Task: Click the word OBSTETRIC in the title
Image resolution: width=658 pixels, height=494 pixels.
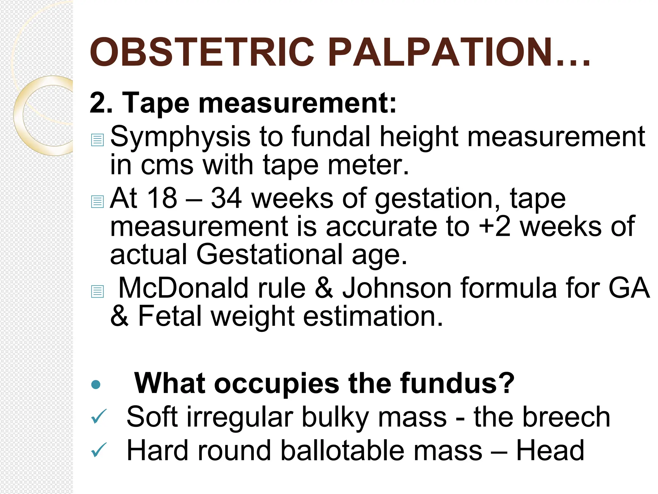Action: point(202,52)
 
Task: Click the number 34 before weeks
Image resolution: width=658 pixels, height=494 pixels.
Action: point(226,198)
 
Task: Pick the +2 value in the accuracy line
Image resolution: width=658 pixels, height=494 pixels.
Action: point(494,226)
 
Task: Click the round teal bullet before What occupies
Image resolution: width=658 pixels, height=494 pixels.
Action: point(96,384)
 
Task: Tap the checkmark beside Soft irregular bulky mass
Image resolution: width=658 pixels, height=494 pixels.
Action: point(99,417)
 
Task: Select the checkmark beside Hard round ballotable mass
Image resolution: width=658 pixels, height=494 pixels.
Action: point(99,450)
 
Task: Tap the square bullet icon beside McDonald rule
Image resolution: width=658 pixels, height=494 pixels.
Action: point(97,291)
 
